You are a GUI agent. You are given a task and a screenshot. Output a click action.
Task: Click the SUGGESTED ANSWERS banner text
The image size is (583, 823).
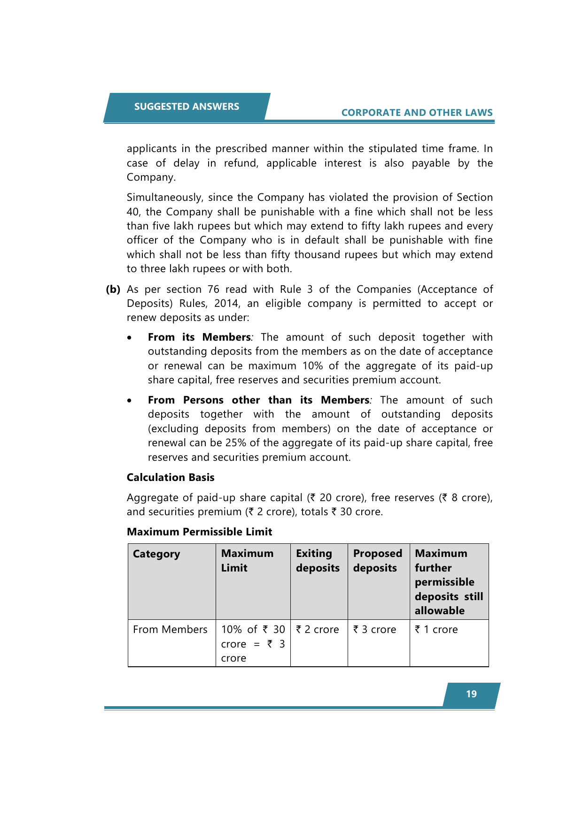point(187,107)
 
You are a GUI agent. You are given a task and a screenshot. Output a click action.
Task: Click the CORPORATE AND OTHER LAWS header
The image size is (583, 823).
point(417,113)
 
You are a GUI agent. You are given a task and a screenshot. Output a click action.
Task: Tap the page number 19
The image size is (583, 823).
point(471,694)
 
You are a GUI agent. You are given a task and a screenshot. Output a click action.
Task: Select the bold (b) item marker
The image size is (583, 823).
point(113,289)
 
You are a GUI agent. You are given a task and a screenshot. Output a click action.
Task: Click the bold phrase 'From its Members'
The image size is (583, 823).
point(199,337)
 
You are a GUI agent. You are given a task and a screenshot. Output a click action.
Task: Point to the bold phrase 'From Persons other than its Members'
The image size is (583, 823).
point(258,400)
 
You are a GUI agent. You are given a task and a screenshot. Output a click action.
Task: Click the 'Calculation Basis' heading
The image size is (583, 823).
point(171,477)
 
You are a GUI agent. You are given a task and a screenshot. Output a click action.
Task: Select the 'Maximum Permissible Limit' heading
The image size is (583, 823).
point(199,532)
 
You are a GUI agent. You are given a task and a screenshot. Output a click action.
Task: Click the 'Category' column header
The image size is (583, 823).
point(156,554)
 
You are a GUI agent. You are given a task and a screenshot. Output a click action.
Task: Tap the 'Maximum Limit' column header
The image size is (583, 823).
point(247,561)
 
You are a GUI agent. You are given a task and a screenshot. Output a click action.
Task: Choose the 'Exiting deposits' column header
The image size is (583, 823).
point(318,561)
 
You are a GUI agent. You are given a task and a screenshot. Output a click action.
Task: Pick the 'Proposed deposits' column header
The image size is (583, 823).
point(377,561)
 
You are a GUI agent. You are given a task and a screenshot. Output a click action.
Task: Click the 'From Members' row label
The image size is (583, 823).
point(170,630)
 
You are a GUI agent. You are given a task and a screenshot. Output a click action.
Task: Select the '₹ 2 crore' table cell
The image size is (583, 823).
point(318,630)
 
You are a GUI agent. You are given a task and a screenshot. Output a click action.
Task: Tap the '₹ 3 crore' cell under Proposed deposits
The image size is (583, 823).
point(375,630)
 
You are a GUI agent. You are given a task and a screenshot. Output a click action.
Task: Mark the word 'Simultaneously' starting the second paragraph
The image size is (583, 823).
point(164,198)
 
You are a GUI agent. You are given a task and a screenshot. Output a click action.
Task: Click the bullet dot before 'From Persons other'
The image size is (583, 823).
point(130,401)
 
